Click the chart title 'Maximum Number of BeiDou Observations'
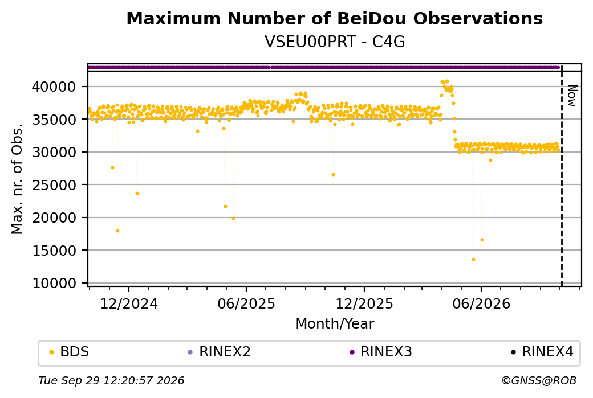pyautogui.click(x=334, y=18)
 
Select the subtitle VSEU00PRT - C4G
pyautogui.click(x=335, y=42)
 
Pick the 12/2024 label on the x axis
pyautogui.click(x=129, y=303)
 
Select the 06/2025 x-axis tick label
pyautogui.click(x=246, y=303)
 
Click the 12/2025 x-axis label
pyautogui.click(x=364, y=303)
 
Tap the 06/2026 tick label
pyautogui.click(x=481, y=303)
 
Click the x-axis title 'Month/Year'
pyautogui.click(x=335, y=323)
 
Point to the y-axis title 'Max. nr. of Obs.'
pyautogui.click(x=17, y=179)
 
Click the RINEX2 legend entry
pyautogui.click(x=219, y=352)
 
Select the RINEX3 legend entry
pyautogui.click(x=380, y=352)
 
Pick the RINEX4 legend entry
pyautogui.click(x=542, y=352)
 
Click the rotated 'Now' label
pyautogui.click(x=572, y=96)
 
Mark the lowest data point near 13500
pyautogui.click(x=473, y=260)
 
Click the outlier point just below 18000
pyautogui.click(x=117, y=231)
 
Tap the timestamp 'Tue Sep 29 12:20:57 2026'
pyautogui.click(x=111, y=380)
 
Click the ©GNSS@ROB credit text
pyautogui.click(x=539, y=380)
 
